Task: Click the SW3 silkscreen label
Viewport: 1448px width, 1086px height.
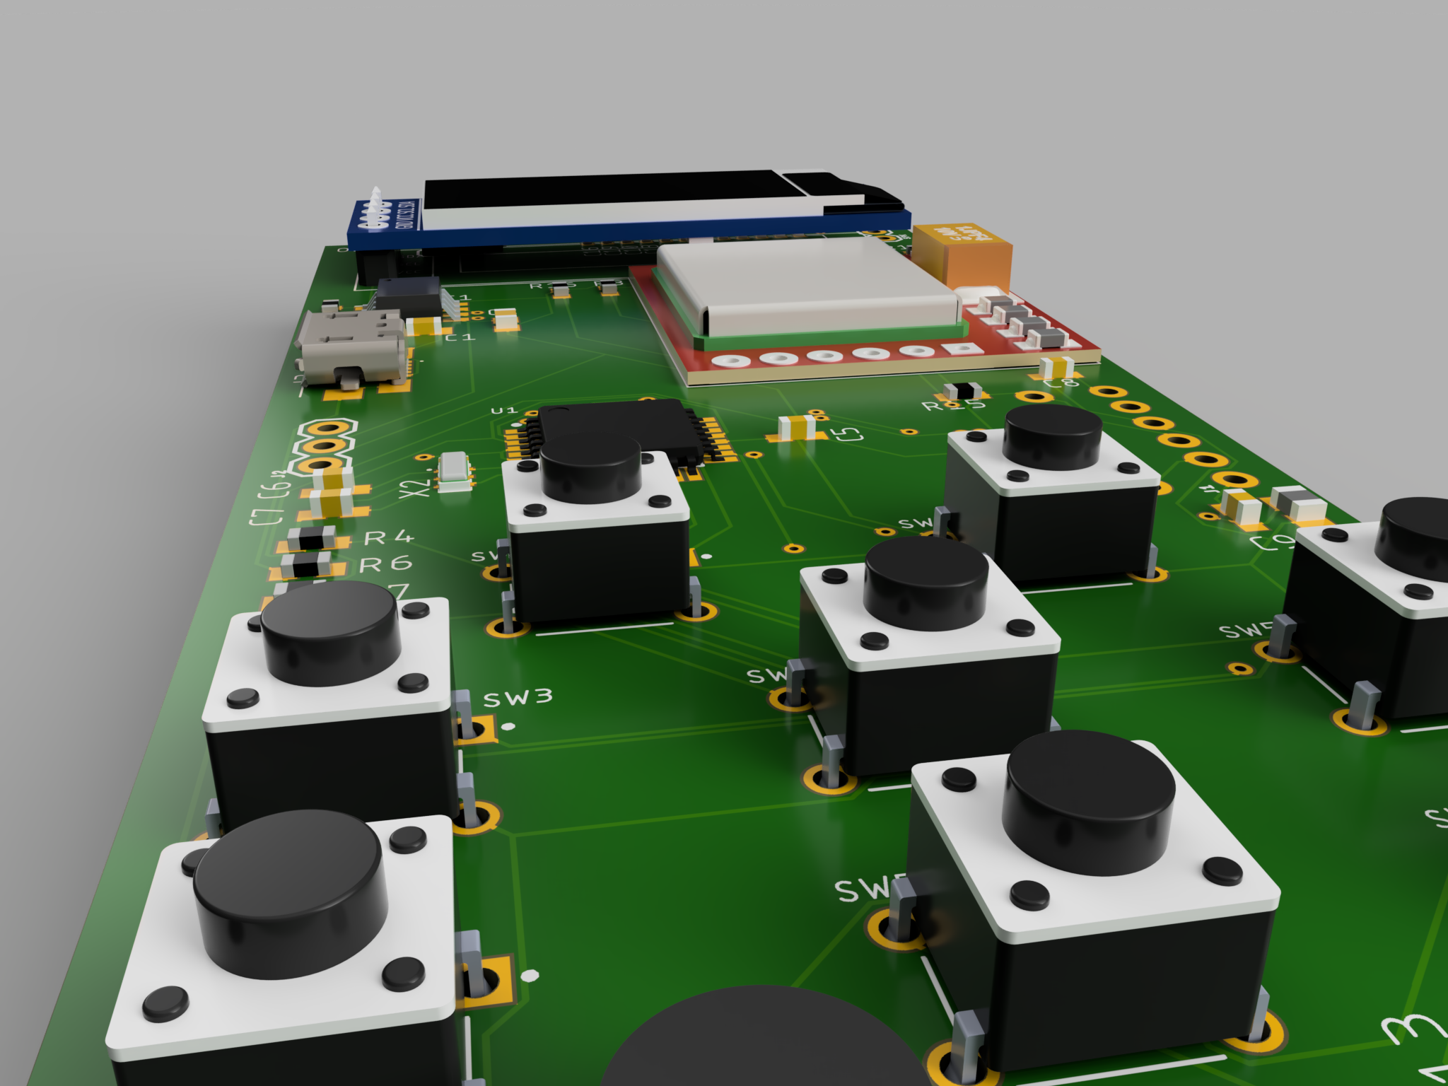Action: click(x=518, y=699)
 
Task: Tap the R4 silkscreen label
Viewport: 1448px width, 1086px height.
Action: click(x=388, y=538)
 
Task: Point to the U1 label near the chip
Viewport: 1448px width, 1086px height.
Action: click(x=504, y=411)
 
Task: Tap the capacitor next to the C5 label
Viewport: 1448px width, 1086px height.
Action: click(x=798, y=426)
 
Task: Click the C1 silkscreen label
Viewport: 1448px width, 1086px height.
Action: click(x=460, y=338)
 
